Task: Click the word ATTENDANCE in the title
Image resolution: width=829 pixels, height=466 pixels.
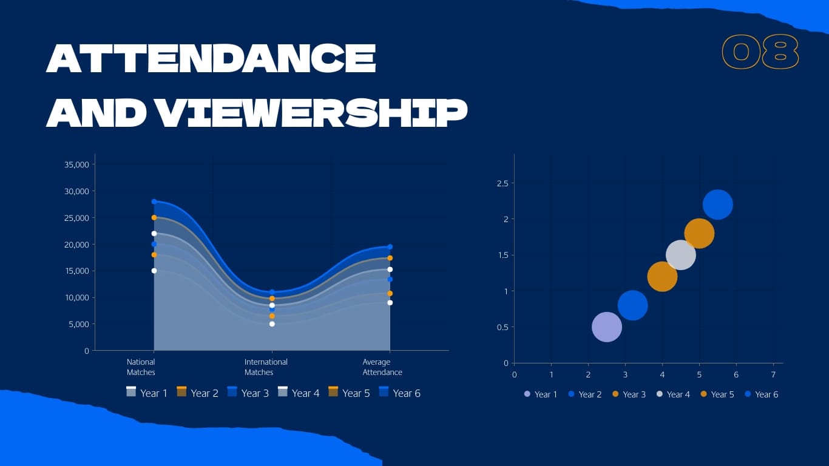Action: point(211,59)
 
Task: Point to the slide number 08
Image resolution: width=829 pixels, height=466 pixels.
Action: point(760,52)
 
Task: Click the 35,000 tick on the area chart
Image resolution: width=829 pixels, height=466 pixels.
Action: point(77,164)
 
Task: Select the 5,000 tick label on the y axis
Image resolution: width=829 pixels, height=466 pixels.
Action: point(79,324)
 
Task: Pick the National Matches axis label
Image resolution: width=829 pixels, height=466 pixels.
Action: point(141,367)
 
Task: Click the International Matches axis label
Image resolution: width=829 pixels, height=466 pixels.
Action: point(266,367)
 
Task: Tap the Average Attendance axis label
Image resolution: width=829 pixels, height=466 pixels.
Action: point(382,367)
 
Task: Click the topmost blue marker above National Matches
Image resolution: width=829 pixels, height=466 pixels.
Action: point(154,201)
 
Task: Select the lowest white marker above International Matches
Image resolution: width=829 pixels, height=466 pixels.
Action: point(272,324)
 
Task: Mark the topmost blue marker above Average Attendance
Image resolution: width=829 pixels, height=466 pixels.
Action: point(390,247)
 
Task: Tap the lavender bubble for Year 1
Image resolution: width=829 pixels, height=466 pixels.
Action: point(607,327)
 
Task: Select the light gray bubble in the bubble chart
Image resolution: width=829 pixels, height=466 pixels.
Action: point(680,255)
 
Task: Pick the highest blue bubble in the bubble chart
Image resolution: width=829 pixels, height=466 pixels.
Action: point(717,204)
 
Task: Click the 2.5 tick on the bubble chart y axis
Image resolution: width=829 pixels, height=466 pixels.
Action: point(502,183)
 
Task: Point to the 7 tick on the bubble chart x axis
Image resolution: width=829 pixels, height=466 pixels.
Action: point(773,374)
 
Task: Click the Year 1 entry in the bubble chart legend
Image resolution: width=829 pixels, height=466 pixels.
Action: point(541,394)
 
